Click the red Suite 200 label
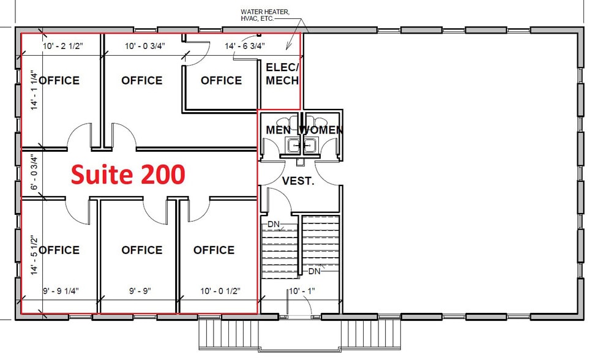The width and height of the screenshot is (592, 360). [x=128, y=174]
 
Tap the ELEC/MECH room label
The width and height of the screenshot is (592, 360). [x=282, y=74]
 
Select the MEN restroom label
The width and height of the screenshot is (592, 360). [x=279, y=130]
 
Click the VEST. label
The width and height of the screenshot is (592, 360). [x=298, y=181]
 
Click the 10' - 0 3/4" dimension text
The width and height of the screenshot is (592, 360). [x=145, y=46]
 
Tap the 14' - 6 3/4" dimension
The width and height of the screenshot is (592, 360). [x=245, y=46]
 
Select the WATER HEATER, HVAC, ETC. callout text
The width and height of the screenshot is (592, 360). [x=265, y=15]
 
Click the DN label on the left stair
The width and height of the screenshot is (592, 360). [x=273, y=224]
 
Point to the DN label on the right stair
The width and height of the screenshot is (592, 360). [x=314, y=271]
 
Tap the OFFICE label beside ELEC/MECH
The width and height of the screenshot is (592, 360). [x=221, y=80]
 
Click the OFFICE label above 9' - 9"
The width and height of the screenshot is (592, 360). [x=141, y=250]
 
